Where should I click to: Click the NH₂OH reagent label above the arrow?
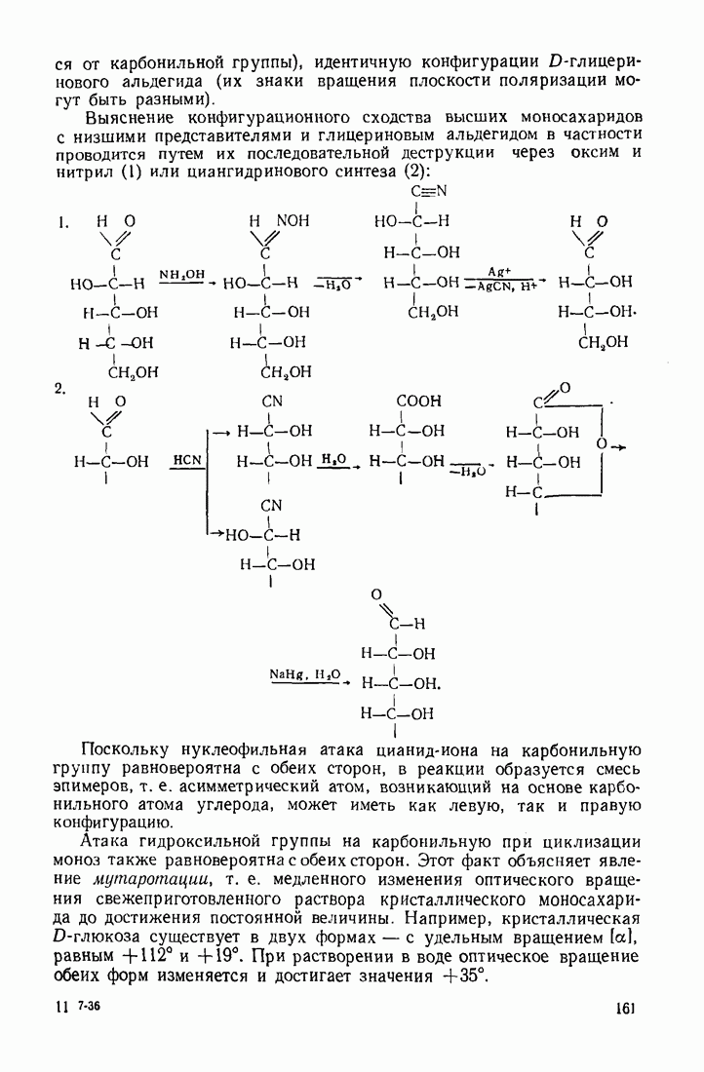point(180,276)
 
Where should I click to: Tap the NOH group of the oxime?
point(293,221)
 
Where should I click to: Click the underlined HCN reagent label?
point(186,459)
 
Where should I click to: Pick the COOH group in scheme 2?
point(418,401)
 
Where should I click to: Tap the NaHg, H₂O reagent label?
point(305,673)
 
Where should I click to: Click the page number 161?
point(625,1008)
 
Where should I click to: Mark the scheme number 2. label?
point(60,389)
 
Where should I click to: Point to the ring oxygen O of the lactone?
point(602,444)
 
